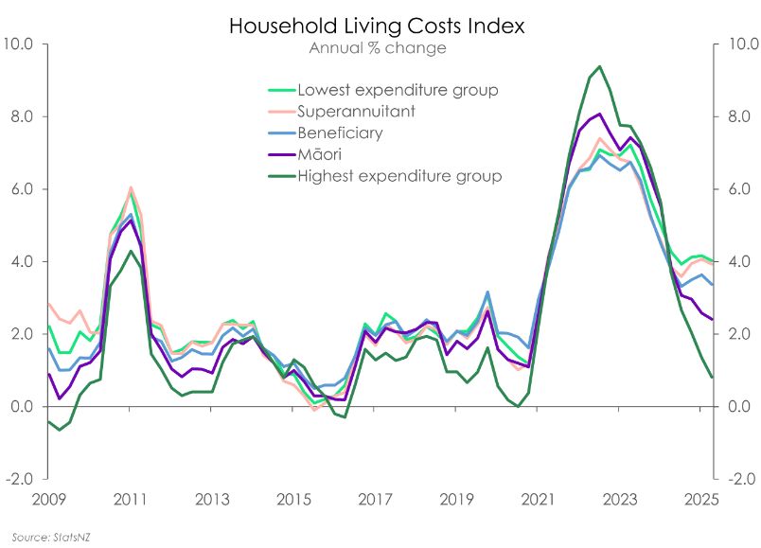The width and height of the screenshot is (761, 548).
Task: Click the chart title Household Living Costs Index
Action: [377, 27]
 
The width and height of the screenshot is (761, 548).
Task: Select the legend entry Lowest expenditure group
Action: [398, 91]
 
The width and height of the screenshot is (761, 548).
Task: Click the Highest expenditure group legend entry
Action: [399, 176]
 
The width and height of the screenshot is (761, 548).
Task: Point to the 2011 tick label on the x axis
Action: [131, 498]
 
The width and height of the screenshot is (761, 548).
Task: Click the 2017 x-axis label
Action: [376, 498]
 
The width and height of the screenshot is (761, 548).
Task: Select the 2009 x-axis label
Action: [49, 498]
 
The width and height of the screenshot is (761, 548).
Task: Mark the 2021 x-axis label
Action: [539, 498]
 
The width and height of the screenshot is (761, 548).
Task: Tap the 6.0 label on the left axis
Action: [22, 189]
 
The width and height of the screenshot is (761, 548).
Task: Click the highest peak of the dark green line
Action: [599, 66]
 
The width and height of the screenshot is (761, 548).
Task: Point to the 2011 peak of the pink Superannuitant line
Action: [131, 187]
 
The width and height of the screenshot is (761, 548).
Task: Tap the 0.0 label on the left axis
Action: [22, 407]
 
